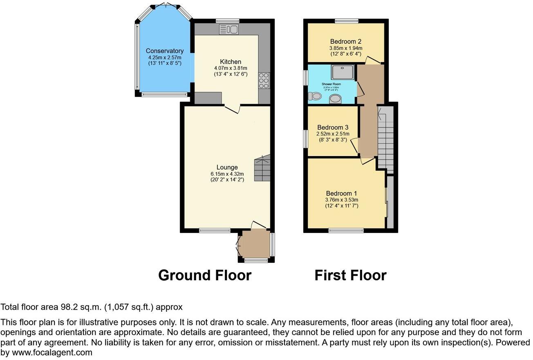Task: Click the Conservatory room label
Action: pos(164,51)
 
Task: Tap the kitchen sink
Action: pos(229,29)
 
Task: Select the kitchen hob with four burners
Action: pos(264,80)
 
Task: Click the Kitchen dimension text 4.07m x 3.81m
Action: pos(231,68)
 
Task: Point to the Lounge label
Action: pos(227,168)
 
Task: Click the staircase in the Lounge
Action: pos(262,168)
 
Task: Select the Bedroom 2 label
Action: pos(345,42)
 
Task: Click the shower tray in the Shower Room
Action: pos(343,72)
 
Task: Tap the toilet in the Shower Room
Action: pos(315,96)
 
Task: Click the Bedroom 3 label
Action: pos(332,127)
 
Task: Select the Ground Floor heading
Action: pos(204,275)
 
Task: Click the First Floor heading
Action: pos(350,275)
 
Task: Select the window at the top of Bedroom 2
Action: pos(347,21)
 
